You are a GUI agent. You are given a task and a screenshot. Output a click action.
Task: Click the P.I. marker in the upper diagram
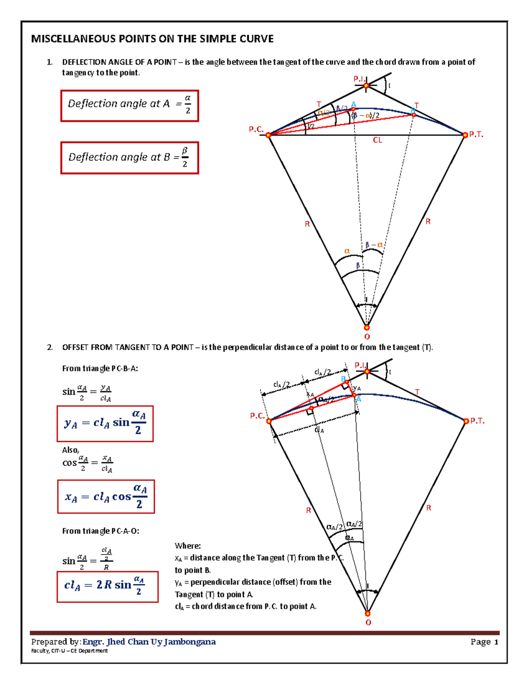pos(366,86)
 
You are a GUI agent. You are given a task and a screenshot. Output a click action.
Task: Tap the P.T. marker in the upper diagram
pos(465,135)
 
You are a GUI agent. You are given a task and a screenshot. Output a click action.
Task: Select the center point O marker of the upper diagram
pos(367,328)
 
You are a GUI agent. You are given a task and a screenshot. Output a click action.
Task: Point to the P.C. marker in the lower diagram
pos(269,421)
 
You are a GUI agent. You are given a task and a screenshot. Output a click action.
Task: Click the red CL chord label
pos(377,140)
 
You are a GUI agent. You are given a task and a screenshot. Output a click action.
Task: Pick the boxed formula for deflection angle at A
pos(130,106)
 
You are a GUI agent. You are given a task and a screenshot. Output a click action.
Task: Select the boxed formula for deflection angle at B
pos(130,158)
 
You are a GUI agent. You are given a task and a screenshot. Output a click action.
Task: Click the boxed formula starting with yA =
pos(105,423)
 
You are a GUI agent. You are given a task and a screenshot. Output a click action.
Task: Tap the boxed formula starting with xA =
pos(106,497)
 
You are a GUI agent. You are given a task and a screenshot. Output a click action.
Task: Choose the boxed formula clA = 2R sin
pos(107,586)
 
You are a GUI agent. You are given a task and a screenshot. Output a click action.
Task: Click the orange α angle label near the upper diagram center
pos(347,251)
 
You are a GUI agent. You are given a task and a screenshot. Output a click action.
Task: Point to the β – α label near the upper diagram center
pos(374,245)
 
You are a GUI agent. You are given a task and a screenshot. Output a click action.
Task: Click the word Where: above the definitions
pos(188,546)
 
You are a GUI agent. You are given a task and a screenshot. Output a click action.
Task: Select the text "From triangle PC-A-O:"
pos(101,531)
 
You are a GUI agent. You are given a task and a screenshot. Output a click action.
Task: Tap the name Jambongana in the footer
pos(190,642)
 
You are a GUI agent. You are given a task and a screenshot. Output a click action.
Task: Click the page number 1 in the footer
pos(496,642)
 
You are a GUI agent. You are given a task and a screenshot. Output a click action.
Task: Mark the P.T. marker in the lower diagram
pos(466,421)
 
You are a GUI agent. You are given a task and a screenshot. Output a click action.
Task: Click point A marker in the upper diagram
pos(353,109)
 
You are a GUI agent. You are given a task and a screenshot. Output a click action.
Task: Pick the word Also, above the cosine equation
pos(71,450)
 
